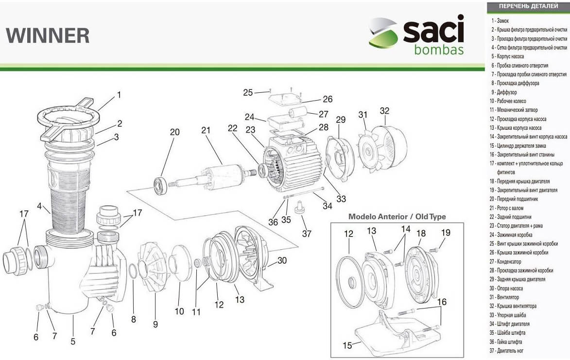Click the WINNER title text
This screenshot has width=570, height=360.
point(48,35)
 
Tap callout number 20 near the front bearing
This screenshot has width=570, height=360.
point(174,132)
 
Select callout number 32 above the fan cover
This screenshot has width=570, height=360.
point(384,110)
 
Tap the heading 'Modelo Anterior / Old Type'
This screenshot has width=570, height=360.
point(397,217)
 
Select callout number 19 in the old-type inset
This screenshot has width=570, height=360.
point(446,232)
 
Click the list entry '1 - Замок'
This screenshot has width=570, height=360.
point(500,21)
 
